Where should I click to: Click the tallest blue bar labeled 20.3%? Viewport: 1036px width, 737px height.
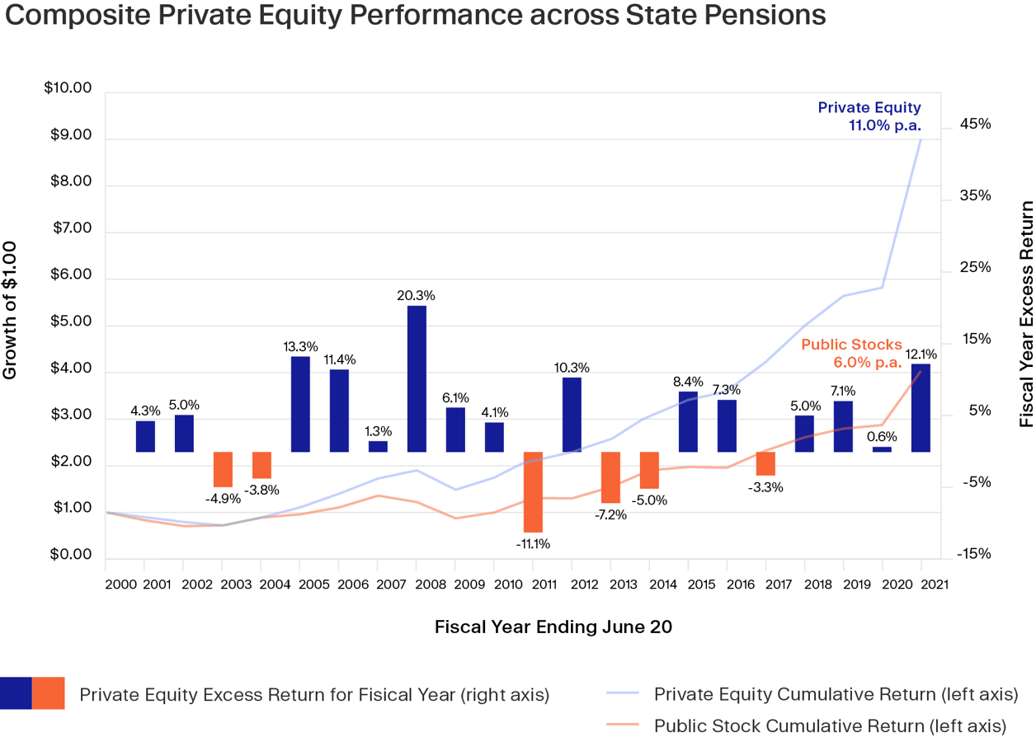coord(416,378)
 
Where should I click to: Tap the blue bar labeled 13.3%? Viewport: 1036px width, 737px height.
coord(300,404)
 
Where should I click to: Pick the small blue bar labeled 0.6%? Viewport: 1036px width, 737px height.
coord(882,449)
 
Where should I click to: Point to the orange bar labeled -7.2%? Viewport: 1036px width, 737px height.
coord(610,477)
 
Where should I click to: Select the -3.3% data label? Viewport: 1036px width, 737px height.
coord(765,487)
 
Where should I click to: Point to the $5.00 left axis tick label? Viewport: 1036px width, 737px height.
coord(72,322)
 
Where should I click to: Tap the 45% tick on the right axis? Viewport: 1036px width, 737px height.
coord(974,124)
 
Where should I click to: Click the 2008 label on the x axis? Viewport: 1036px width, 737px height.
coord(429,584)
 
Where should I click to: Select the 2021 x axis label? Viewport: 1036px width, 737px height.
coord(933,584)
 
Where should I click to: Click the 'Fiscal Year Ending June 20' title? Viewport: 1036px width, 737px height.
coord(553,627)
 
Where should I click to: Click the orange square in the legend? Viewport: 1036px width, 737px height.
coord(49,693)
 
